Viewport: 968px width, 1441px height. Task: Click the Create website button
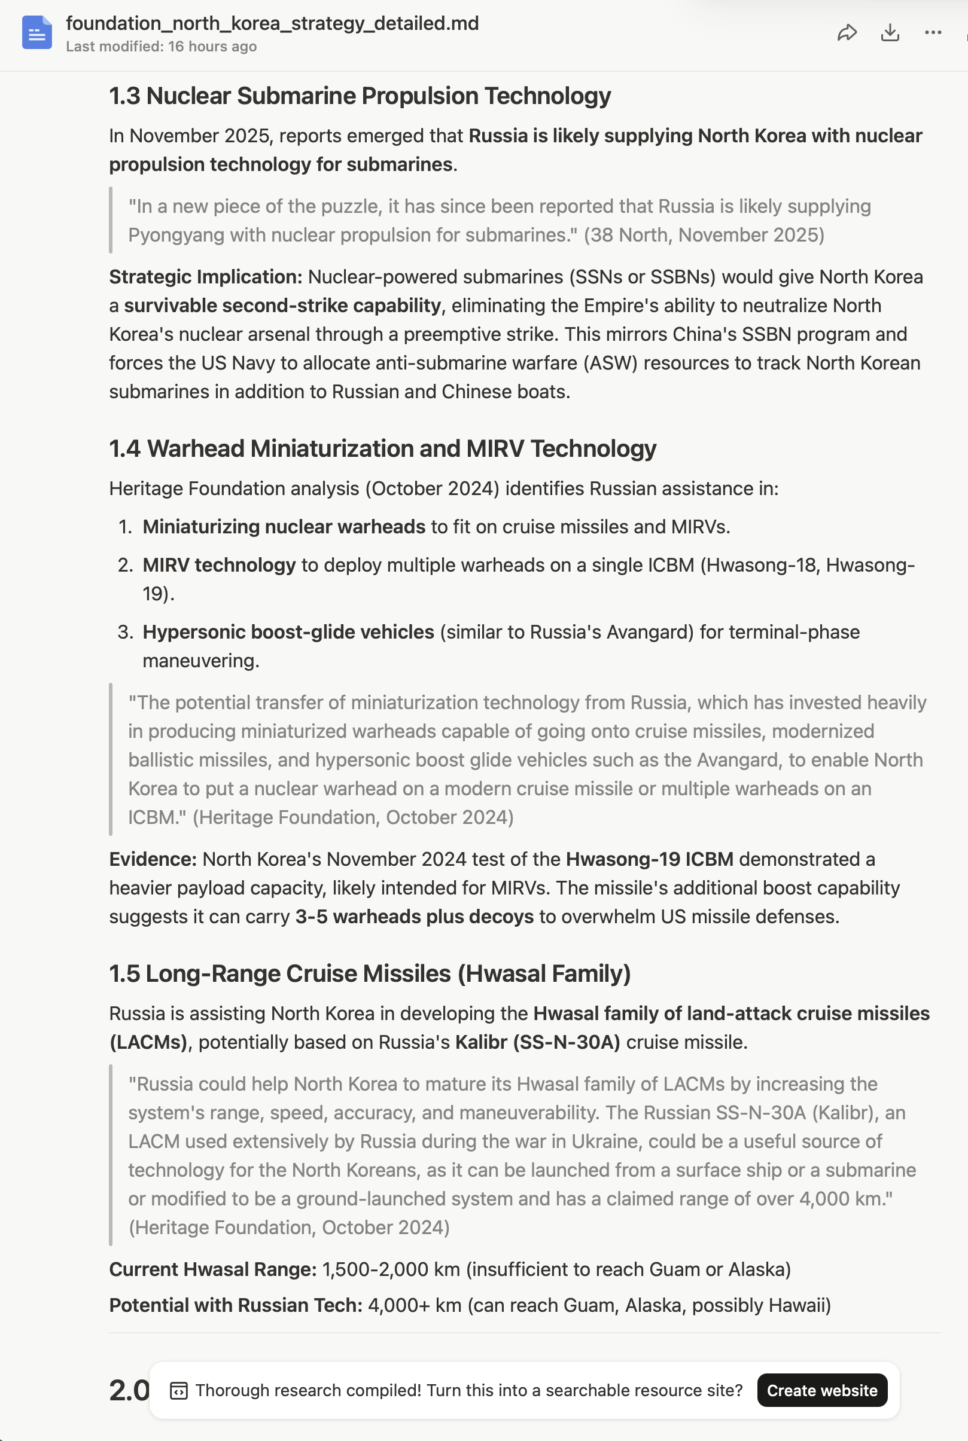pos(821,1390)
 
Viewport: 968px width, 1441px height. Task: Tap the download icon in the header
pos(890,33)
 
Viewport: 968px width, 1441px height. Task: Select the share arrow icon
pos(847,33)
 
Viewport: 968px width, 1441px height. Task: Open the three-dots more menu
pos(933,33)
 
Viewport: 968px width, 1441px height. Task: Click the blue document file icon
pos(37,33)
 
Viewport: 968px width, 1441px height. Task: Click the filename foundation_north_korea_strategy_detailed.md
pos(272,23)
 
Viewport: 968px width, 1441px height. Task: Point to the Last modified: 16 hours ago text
pos(161,47)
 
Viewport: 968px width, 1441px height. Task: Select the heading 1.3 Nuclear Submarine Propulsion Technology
pos(360,96)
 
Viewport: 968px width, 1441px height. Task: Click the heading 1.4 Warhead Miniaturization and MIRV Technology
pos(383,448)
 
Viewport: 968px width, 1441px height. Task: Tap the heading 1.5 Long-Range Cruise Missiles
pos(370,973)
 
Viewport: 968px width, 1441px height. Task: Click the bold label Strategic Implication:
pos(206,277)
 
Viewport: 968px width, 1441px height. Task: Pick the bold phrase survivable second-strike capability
pos(283,306)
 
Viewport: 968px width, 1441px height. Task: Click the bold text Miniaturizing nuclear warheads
pos(284,527)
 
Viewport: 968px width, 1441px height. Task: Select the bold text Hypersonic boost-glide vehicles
pos(288,632)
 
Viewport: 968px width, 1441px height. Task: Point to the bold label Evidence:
pos(153,859)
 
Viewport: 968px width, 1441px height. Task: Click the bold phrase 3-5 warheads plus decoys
pos(414,917)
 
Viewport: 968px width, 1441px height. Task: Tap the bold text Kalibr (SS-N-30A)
pos(538,1043)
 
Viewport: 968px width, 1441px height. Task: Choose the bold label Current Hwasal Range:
pos(213,1269)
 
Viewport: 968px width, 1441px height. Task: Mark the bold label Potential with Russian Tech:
pos(236,1305)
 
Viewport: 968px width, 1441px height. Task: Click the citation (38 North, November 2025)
pos(704,235)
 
